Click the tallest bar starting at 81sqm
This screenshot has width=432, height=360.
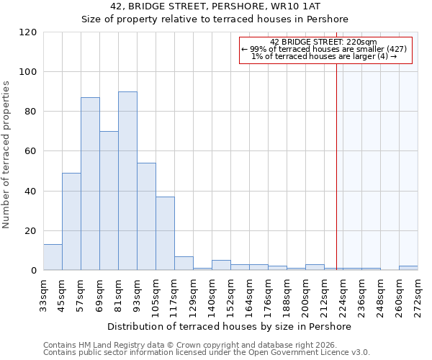click(x=127, y=181)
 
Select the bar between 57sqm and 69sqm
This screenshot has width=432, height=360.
click(x=90, y=184)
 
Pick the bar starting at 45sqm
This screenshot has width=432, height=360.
click(x=71, y=222)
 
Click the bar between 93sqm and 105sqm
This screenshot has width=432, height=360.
click(x=146, y=217)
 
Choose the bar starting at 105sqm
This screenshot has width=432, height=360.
click(x=165, y=233)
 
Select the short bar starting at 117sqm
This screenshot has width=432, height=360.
click(x=184, y=264)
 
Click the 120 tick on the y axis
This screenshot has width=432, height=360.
click(x=28, y=32)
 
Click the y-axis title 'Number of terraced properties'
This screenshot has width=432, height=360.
click(x=6, y=154)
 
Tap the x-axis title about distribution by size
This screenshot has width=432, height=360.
click(x=230, y=326)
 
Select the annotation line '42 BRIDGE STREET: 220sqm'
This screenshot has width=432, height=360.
click(x=323, y=42)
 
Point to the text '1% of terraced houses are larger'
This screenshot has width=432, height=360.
click(x=323, y=56)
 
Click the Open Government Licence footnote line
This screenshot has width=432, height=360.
click(x=207, y=353)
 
